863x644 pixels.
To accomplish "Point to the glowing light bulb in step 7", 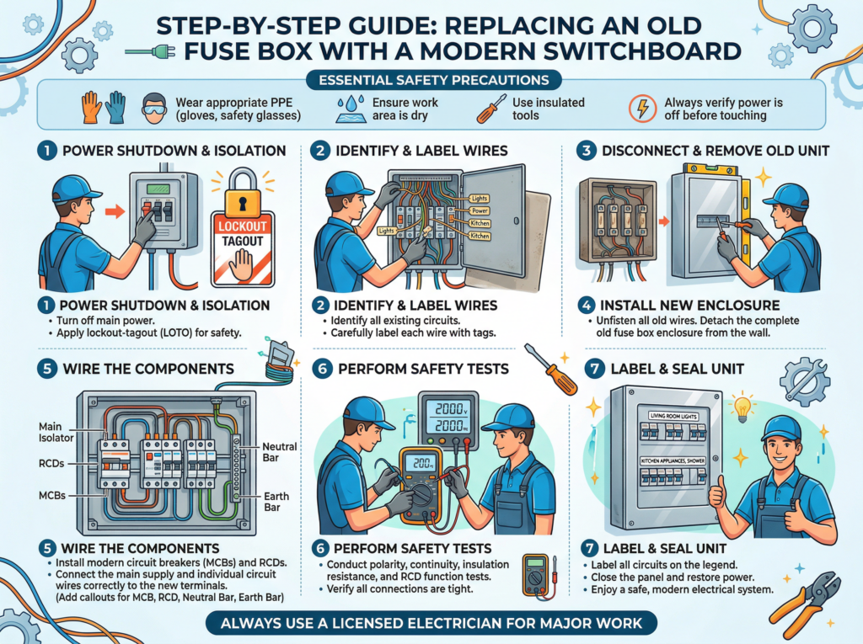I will coord(742,407).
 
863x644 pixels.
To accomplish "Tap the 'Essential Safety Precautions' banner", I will coord(431,81).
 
